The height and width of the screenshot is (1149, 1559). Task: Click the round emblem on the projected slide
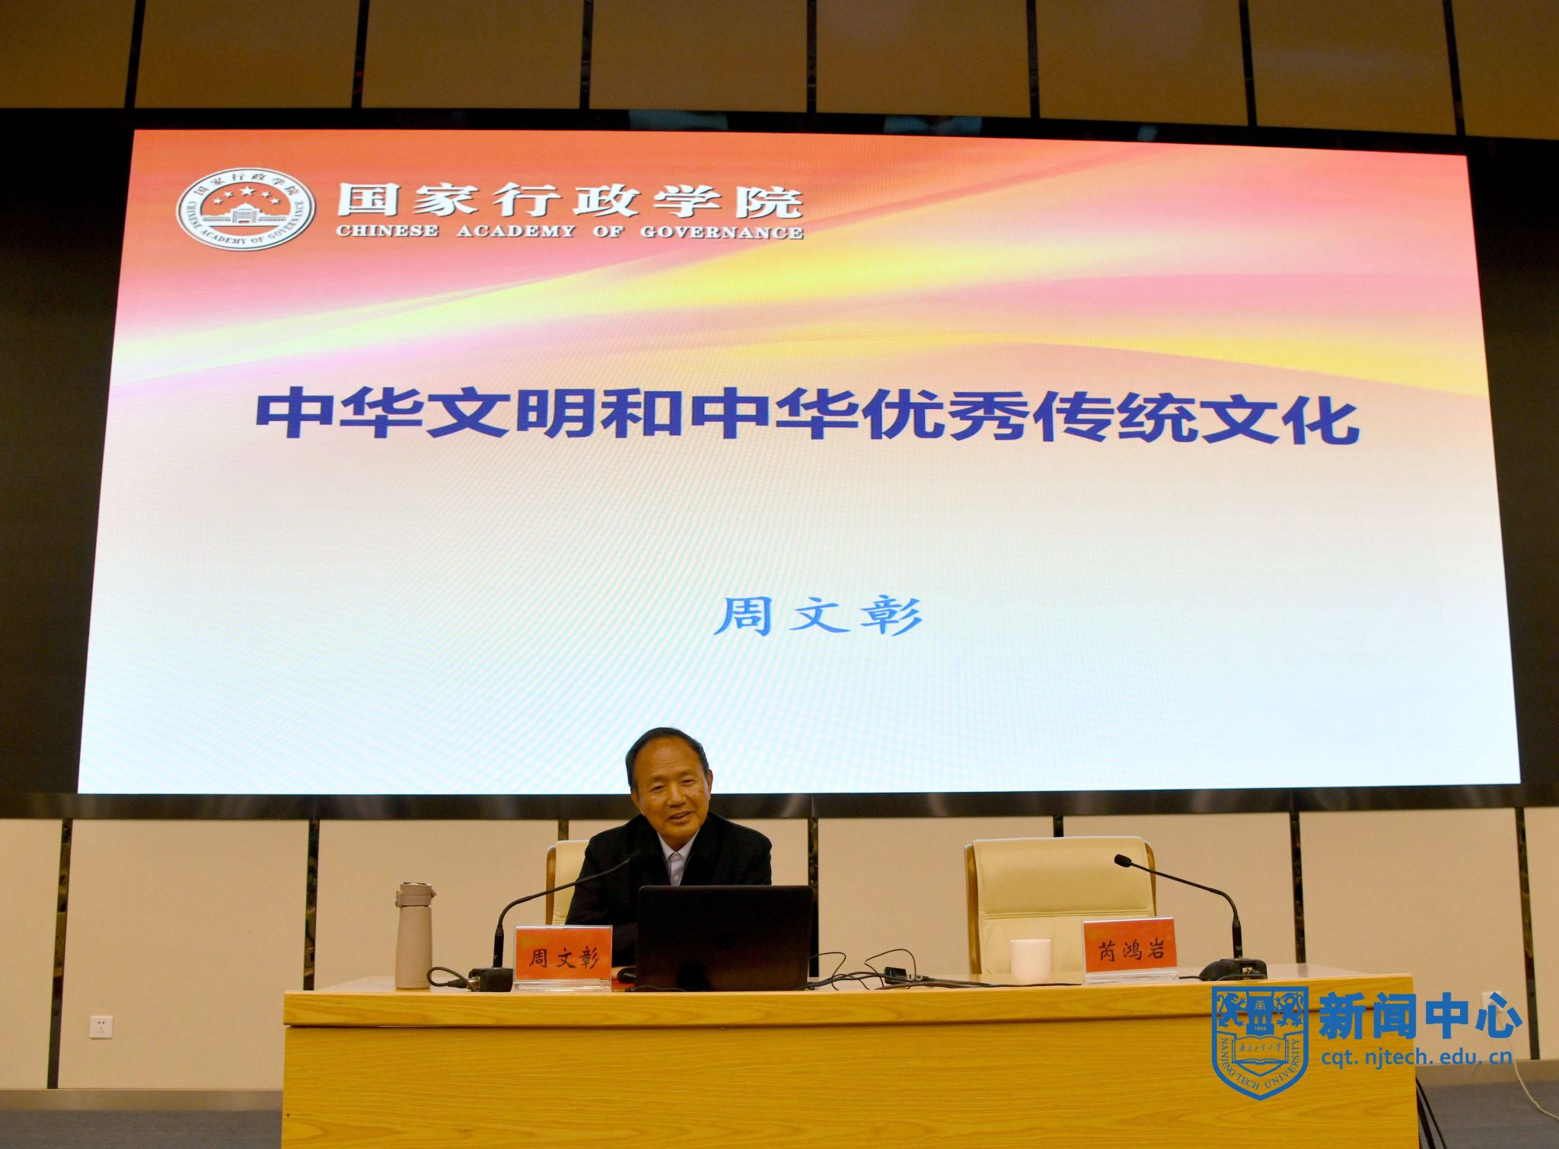pos(245,209)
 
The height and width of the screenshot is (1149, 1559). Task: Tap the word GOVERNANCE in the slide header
pos(721,233)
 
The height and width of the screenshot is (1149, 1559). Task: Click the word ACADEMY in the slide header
pos(516,231)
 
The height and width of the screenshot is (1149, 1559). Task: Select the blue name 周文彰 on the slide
pos(818,616)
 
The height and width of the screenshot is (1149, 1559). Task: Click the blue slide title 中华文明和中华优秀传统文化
pos(808,416)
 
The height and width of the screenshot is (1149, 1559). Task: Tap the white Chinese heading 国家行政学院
pos(570,201)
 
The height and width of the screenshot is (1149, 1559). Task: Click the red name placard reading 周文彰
pos(563,956)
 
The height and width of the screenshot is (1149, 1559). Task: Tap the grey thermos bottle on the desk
pos(413,936)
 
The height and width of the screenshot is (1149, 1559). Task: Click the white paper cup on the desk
pos(1030,961)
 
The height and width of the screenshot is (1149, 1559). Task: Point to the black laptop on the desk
pos(723,938)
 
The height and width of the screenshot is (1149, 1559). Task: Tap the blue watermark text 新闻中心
pos(1420,1015)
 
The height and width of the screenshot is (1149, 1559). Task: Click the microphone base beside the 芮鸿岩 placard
pos(1232,969)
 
